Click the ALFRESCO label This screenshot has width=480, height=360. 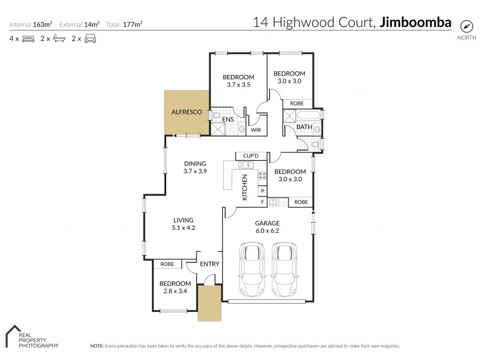[184, 112]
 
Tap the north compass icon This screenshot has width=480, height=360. [467, 26]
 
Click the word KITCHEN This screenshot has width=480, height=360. [245, 187]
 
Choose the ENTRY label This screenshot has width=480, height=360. [209, 264]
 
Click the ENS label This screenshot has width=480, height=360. [227, 120]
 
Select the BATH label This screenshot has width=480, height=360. [304, 127]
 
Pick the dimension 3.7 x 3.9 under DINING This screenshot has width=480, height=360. [195, 171]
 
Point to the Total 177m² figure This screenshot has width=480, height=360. [126, 25]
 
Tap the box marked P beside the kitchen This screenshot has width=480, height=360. [262, 191]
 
